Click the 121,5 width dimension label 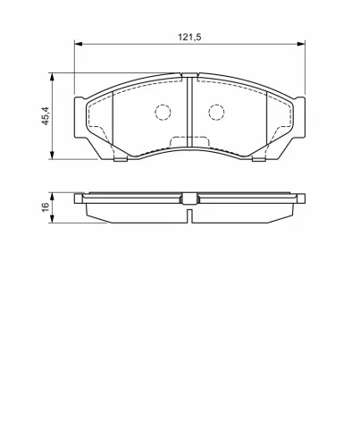pos(189,37)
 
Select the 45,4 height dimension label pos(46,116)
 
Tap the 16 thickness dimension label pos(46,207)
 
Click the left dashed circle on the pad pos(163,113)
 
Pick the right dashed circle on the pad pos(216,113)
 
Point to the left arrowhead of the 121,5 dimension pos(78,44)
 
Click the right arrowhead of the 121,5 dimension pos(301,44)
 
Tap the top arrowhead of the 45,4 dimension pos(52,77)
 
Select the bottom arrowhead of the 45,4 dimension pos(52,156)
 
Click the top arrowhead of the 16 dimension pos(52,197)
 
